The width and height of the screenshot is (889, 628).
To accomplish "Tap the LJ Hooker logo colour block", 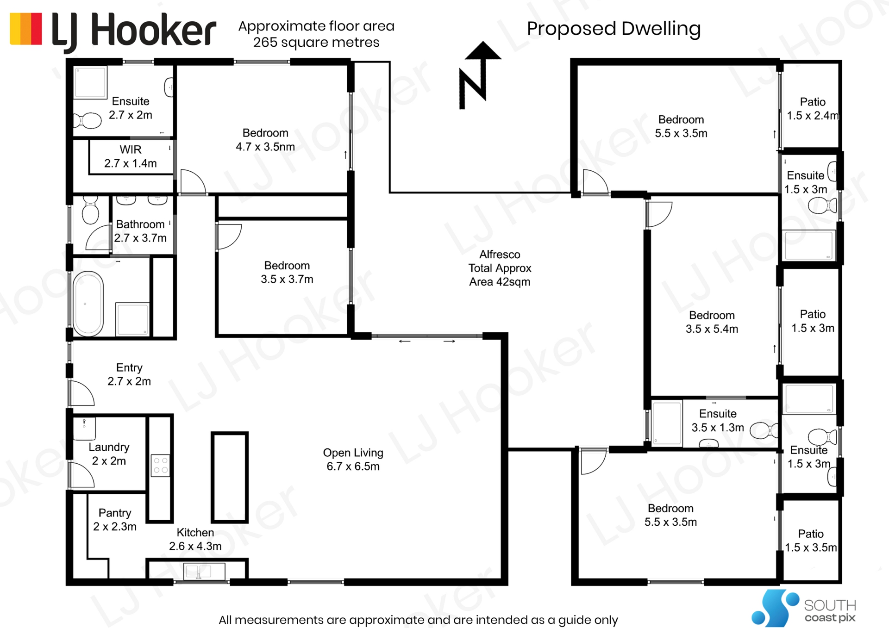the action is (x=26, y=29).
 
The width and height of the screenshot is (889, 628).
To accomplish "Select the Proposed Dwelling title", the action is (x=614, y=29).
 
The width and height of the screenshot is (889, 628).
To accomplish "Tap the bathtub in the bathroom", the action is (x=88, y=303).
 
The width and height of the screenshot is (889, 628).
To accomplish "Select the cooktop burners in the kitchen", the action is (x=160, y=466).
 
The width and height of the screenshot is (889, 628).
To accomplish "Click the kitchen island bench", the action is (x=230, y=477).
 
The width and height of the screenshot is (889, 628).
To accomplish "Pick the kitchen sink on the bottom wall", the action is (x=204, y=571).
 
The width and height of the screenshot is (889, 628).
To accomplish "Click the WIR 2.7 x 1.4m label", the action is (x=131, y=156).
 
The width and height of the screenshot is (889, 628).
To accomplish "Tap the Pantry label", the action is (x=115, y=513).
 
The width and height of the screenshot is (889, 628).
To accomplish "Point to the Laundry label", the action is (x=109, y=447).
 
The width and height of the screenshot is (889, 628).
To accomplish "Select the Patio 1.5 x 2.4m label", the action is (x=813, y=109).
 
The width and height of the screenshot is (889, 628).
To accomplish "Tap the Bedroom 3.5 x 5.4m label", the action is (x=712, y=322).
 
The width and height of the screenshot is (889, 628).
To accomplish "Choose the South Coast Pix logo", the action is (x=803, y=608).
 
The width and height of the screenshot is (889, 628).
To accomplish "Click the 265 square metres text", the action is (x=316, y=43).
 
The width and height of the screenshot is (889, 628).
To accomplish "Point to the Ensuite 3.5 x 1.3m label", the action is (x=718, y=421).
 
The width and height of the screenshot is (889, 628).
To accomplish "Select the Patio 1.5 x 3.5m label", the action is (x=811, y=541).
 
